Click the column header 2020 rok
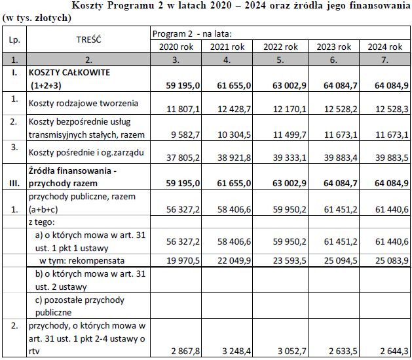(176, 47)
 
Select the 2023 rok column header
(333, 47)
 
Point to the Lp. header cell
(13, 39)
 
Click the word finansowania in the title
(373, 6)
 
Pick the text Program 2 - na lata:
(192, 33)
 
